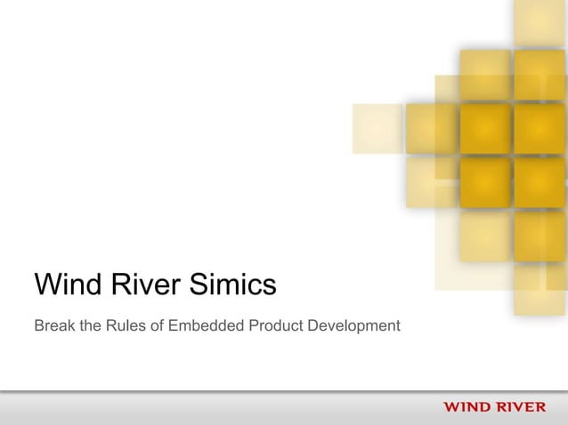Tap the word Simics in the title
[x=233, y=286]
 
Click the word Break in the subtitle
[x=53, y=326]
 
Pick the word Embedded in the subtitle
[x=206, y=326]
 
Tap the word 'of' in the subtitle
[x=158, y=326]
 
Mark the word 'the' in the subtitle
[x=88, y=326]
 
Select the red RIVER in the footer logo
[x=522, y=408]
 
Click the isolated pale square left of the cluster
[x=377, y=128]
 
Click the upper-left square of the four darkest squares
[x=485, y=128]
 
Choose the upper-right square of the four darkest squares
[x=539, y=128]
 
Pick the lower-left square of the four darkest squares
[x=485, y=181]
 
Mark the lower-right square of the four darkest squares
[x=539, y=181]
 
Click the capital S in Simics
[x=201, y=286]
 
